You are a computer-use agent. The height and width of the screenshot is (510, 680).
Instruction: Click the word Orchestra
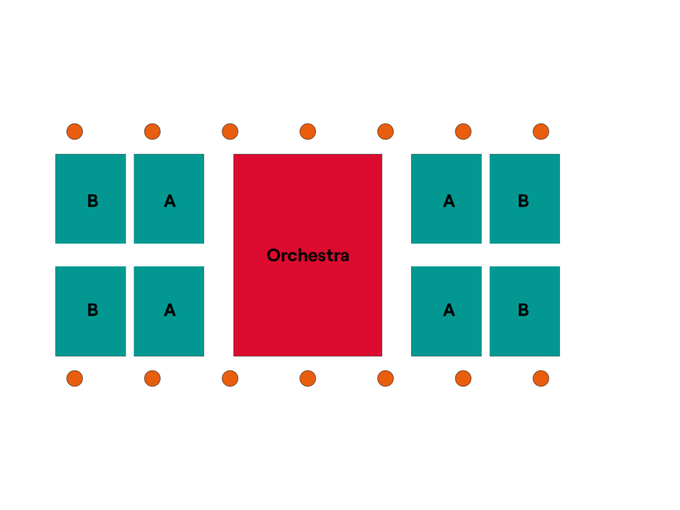(308, 255)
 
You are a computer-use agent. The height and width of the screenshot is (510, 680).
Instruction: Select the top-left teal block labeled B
(90, 199)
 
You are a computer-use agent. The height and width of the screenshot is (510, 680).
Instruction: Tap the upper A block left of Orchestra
(169, 199)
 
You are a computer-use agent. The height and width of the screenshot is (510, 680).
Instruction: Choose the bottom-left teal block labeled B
(90, 311)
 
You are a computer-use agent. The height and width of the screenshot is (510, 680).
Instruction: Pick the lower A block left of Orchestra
(169, 311)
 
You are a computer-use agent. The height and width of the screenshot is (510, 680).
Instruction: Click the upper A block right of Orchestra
(446, 199)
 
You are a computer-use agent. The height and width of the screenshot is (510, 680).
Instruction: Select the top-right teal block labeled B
(525, 199)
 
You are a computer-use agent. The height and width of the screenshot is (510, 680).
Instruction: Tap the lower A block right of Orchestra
(446, 311)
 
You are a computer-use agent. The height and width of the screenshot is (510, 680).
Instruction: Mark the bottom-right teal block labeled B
(525, 311)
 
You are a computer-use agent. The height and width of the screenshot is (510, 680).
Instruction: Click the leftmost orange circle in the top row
(74, 131)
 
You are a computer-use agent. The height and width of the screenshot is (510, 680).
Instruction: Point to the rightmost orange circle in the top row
(541, 131)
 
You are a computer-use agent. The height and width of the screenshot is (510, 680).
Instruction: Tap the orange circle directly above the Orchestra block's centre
(308, 131)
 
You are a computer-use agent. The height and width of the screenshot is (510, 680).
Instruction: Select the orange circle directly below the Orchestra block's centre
(308, 379)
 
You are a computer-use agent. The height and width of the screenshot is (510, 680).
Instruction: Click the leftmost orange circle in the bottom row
(74, 379)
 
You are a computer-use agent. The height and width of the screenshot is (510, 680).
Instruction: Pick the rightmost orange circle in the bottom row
(541, 379)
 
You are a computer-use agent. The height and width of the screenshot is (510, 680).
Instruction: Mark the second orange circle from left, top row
(152, 131)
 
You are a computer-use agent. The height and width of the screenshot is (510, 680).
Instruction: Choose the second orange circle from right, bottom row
(463, 379)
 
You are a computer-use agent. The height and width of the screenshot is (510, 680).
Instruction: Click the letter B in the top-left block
(93, 201)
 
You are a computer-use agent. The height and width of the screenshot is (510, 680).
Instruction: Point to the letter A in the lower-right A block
(449, 309)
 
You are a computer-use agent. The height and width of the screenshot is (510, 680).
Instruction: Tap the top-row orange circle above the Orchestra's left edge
(230, 131)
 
